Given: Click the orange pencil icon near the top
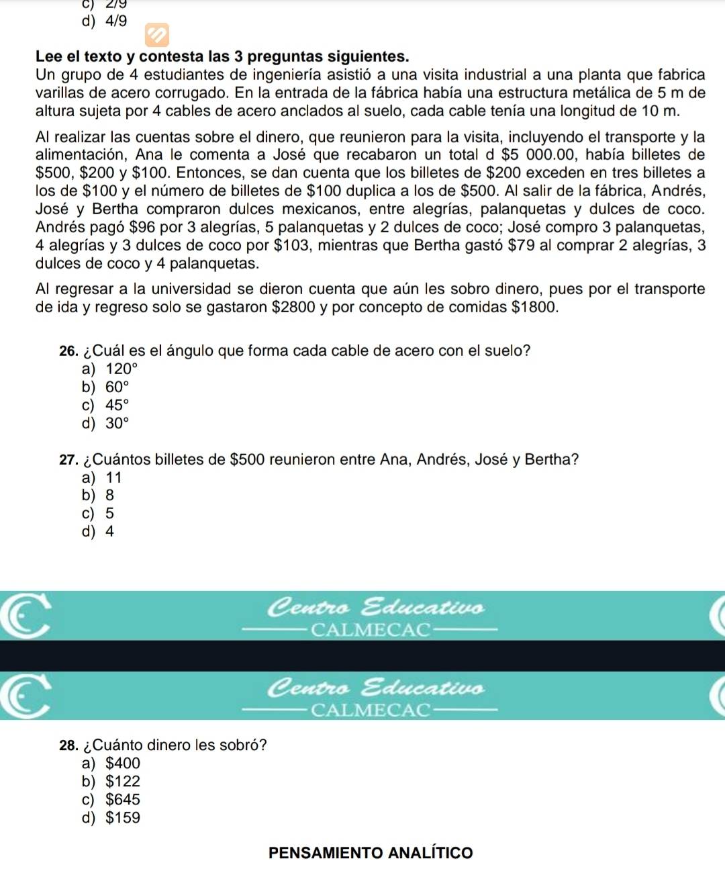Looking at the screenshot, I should tap(157, 35).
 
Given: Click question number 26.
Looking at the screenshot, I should tap(68, 351).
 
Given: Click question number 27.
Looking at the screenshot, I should tap(68, 460).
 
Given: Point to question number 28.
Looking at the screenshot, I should tap(68, 745).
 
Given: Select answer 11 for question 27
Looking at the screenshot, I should tap(113, 478).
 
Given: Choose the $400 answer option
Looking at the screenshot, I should tap(123, 764).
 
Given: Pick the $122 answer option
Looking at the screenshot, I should tap(123, 782).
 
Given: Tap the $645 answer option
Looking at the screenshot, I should tap(123, 800).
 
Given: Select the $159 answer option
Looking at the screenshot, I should tap(123, 818).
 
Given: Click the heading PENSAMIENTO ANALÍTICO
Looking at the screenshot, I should tap(371, 853).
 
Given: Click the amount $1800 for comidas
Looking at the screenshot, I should tap(534, 308).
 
